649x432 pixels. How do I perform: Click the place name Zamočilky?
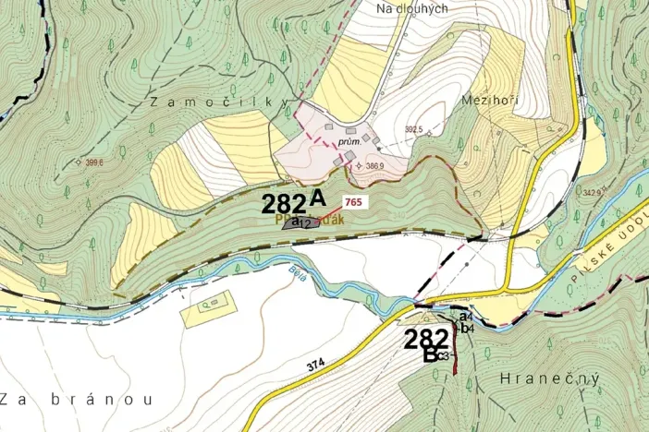tap(219, 104)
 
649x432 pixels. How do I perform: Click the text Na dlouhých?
tap(412, 8)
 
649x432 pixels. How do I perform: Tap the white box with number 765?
tap(352, 201)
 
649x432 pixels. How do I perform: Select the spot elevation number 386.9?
tap(374, 166)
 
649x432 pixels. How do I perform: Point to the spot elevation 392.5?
tap(413, 130)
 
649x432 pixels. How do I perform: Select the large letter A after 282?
tap(318, 197)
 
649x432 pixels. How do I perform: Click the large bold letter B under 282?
tap(430, 354)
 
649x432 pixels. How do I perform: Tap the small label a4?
tap(466, 318)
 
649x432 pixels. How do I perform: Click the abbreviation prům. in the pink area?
tap(348, 143)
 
